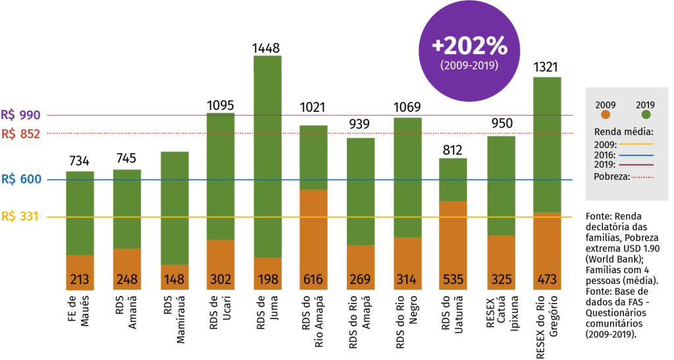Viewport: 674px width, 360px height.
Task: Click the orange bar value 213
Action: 80,280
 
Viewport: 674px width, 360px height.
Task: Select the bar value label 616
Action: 313,280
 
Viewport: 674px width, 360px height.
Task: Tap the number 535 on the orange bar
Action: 453,280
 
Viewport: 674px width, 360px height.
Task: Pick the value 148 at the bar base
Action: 174,280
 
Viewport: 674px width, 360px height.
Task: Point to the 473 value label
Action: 546,280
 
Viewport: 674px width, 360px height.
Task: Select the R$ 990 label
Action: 21,115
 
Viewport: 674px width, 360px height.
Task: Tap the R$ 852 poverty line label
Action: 21,134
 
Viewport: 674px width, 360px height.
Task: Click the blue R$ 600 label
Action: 21,179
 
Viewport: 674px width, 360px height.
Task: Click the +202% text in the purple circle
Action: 469,47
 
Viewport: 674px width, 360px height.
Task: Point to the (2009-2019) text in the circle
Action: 469,66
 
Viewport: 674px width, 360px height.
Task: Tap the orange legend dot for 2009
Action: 606,115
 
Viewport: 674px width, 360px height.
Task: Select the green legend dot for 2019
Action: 646,115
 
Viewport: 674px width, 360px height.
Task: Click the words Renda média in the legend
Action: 623,131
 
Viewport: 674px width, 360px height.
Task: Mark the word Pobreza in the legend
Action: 611,176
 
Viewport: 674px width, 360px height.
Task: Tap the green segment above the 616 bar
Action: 313,157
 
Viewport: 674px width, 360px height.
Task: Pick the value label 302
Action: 220,280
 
